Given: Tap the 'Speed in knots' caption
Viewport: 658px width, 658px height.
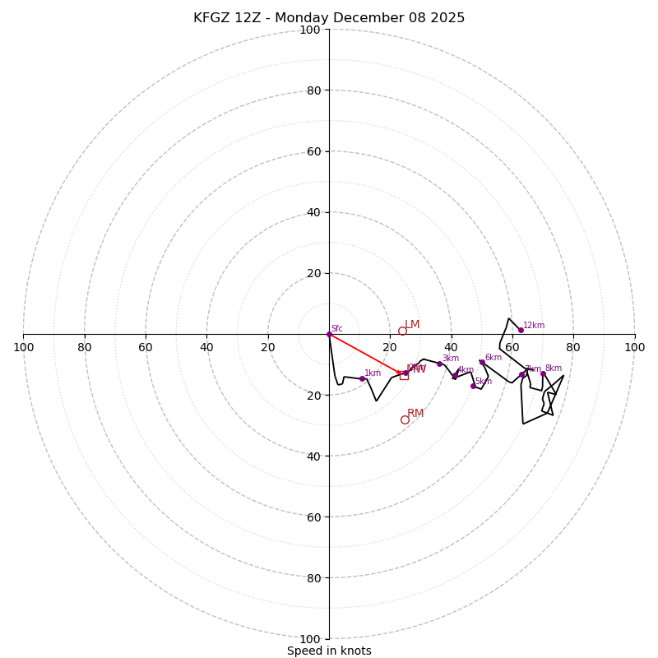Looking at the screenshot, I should (x=329, y=651).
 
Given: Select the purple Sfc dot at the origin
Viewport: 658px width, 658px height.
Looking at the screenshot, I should (x=329, y=334).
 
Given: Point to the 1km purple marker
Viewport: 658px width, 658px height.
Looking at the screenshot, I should (x=362, y=378).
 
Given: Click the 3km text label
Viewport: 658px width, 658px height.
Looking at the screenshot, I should (x=451, y=359).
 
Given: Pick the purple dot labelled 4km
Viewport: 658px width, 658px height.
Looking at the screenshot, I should (x=455, y=375).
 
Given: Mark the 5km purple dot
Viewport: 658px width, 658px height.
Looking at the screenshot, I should (x=473, y=386).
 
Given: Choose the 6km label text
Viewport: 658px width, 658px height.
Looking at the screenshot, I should (x=493, y=358).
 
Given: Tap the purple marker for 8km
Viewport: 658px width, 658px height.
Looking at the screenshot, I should (x=543, y=373).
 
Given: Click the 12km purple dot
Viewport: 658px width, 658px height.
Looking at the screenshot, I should (x=521, y=330).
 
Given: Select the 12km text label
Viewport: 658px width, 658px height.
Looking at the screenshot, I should (x=534, y=326).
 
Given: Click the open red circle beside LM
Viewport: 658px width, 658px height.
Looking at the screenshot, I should (x=402, y=331).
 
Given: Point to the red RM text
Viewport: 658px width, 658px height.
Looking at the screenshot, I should (x=415, y=414).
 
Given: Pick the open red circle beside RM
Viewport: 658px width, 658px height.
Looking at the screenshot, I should (x=405, y=419).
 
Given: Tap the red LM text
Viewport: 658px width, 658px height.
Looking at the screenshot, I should (x=412, y=325).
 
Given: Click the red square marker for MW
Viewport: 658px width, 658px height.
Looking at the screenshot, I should (x=404, y=375).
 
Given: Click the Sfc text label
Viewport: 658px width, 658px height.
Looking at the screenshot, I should (x=337, y=329).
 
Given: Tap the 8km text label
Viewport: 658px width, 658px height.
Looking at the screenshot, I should (x=554, y=368).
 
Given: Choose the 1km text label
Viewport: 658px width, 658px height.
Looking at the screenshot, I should (x=373, y=373).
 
